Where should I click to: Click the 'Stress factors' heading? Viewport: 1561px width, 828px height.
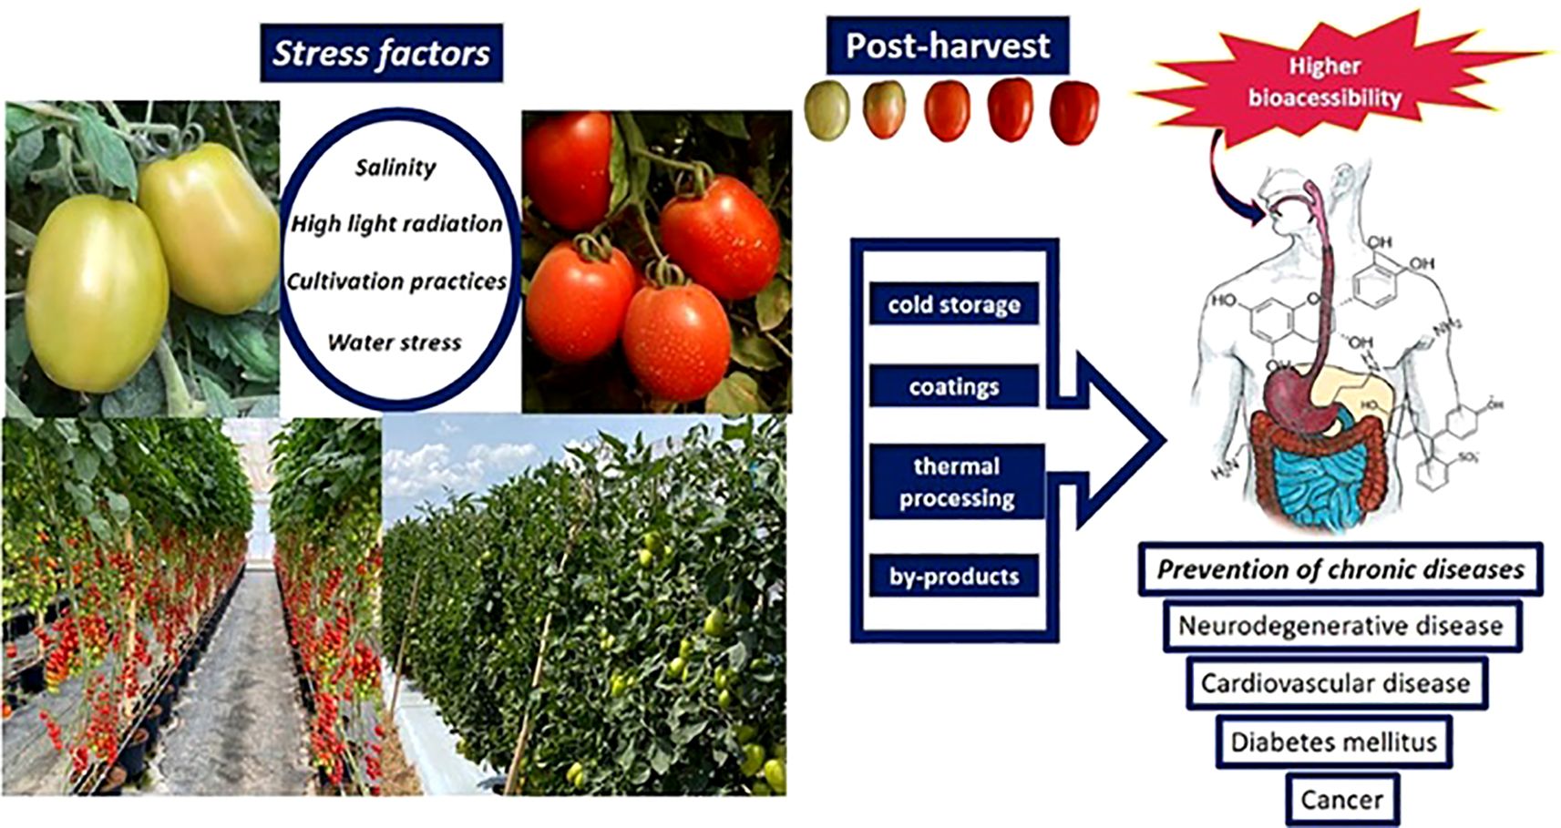click(x=381, y=53)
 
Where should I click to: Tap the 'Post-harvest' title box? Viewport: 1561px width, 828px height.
click(x=948, y=46)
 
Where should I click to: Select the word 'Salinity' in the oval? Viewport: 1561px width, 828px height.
click(x=395, y=168)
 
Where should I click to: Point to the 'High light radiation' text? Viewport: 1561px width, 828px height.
click(x=395, y=224)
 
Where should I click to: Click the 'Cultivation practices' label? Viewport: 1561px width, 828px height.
click(x=396, y=281)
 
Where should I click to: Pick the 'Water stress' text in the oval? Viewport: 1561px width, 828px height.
click(x=395, y=342)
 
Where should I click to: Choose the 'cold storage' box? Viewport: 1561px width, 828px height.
click(x=954, y=303)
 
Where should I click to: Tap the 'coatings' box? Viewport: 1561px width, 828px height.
click(x=954, y=386)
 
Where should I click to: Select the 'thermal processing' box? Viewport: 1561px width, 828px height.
click(x=957, y=482)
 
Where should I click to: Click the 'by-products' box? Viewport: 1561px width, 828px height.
click(x=954, y=576)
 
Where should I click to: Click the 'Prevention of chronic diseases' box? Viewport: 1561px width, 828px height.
click(x=1340, y=569)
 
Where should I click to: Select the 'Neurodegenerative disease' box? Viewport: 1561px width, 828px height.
click(x=1341, y=626)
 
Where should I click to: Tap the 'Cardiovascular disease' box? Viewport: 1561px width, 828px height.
click(x=1337, y=683)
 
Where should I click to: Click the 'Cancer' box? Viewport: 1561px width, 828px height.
click(x=1342, y=800)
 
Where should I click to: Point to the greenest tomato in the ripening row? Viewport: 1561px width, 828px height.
click(x=827, y=111)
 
